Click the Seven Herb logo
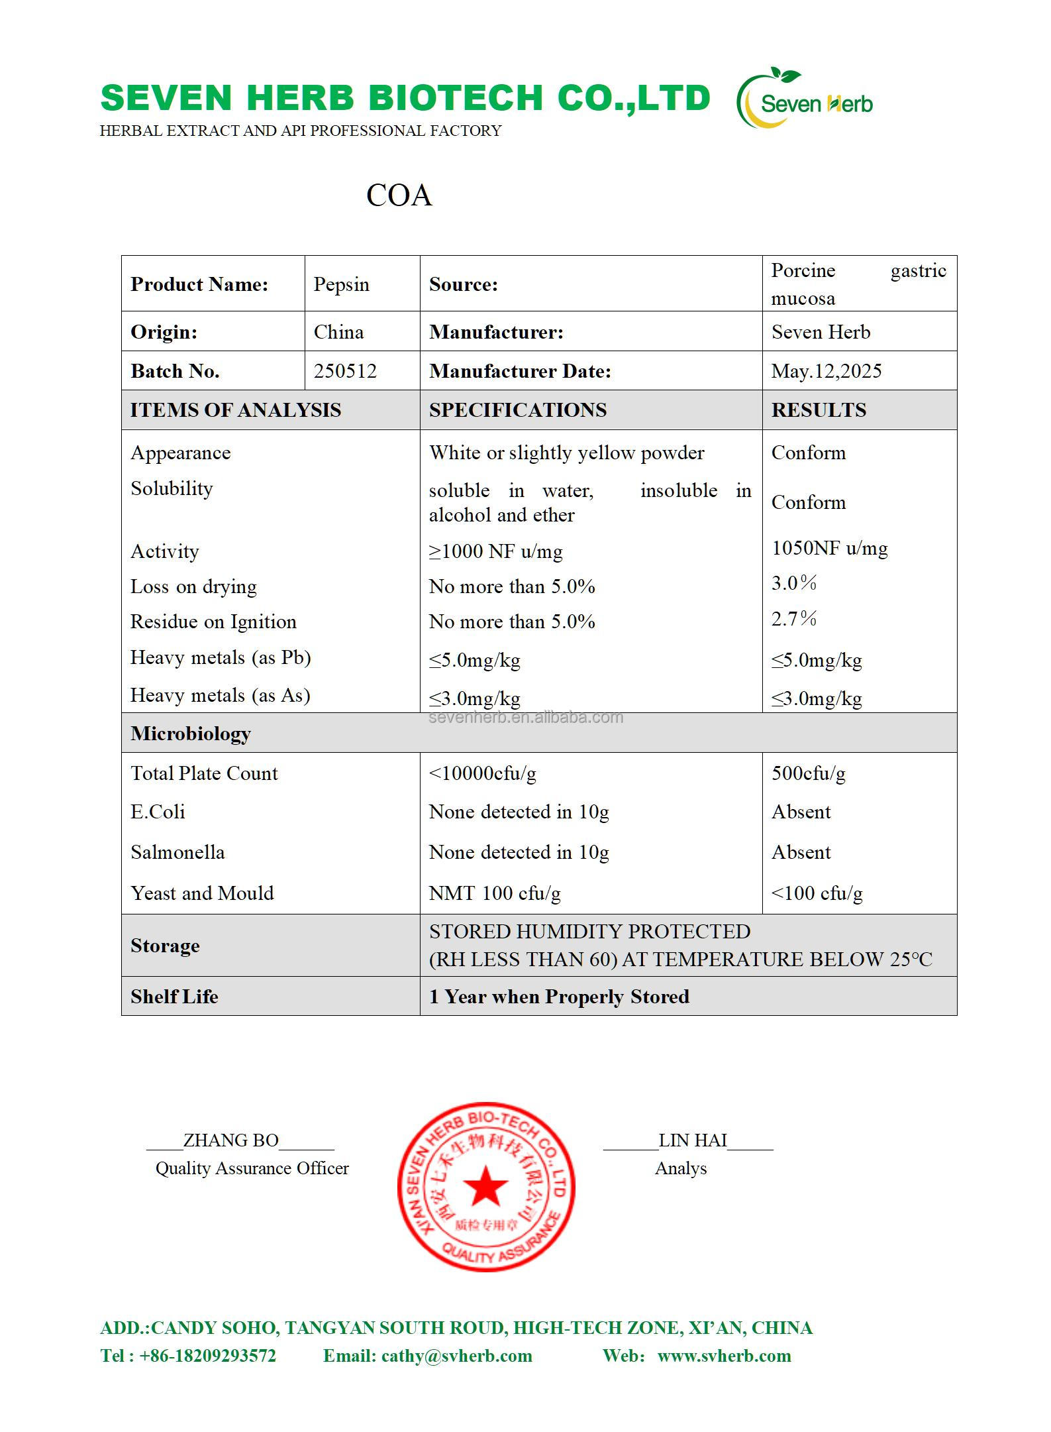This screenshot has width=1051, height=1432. pyautogui.click(x=805, y=99)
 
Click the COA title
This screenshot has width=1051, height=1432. pyautogui.click(x=399, y=195)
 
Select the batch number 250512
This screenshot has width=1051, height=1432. pyautogui.click(x=345, y=371)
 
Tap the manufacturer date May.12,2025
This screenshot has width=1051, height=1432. pyautogui.click(x=826, y=371)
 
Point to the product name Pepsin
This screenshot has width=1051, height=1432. pyautogui.click(x=341, y=284)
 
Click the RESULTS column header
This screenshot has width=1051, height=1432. pyautogui.click(x=819, y=410)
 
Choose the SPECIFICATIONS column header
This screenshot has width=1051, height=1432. pyautogui.click(x=517, y=410)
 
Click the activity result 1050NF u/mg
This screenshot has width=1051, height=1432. pyautogui.click(x=829, y=548)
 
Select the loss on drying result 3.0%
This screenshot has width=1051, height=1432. pyautogui.click(x=793, y=583)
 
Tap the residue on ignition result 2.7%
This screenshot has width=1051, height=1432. pyautogui.click(x=793, y=619)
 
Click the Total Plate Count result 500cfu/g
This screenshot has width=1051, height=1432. pyautogui.click(x=808, y=773)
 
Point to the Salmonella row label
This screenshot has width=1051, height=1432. pyautogui.click(x=177, y=852)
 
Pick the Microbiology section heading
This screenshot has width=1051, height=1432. pyautogui.click(x=191, y=734)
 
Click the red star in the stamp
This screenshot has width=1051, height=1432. pyautogui.click(x=485, y=1186)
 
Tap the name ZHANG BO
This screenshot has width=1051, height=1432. pyautogui.click(x=230, y=1140)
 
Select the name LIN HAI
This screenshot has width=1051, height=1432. pyautogui.click(x=692, y=1140)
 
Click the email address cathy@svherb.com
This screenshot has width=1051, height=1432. pyautogui.click(x=456, y=1356)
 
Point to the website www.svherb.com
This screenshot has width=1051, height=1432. pyautogui.click(x=724, y=1356)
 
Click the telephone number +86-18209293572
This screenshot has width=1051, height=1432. pyautogui.click(x=207, y=1356)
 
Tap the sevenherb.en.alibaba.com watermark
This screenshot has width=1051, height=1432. pyautogui.click(x=526, y=718)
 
